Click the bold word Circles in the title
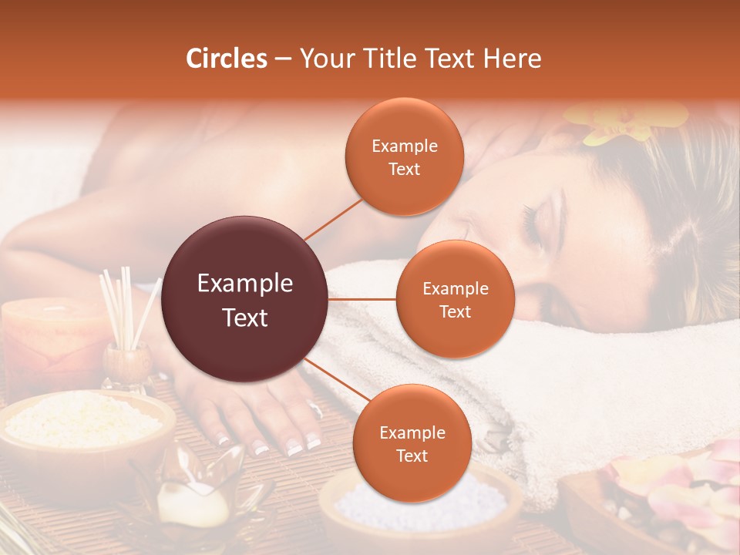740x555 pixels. (227, 59)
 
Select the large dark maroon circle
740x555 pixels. (245, 300)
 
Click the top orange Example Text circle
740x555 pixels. (405, 157)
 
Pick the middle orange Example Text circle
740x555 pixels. (456, 299)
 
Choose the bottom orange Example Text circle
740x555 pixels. (412, 443)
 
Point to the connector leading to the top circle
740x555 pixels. (333, 218)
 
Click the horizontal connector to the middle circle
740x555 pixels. (362, 299)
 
